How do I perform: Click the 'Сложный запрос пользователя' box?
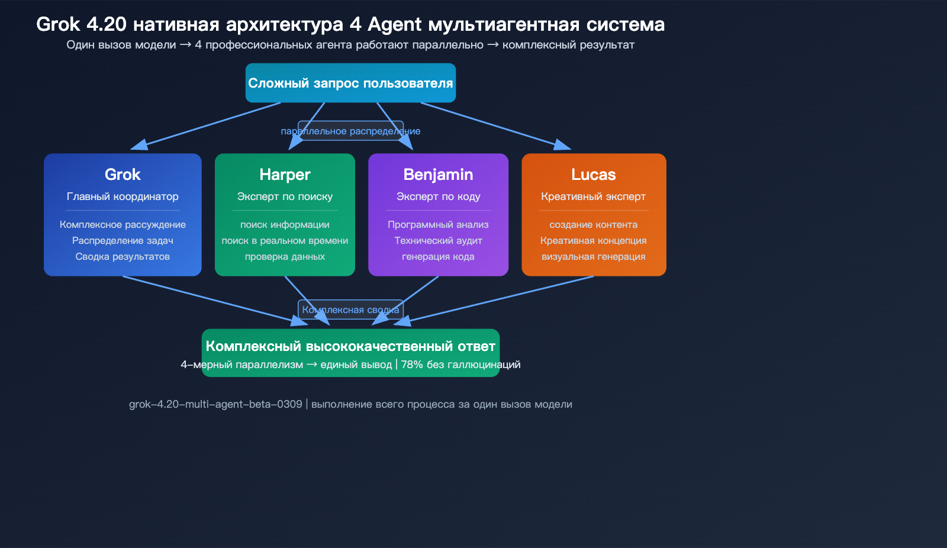point(350,83)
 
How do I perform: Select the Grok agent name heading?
point(123,175)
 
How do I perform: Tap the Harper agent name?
point(285,175)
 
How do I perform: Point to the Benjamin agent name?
point(438,175)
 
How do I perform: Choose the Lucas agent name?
point(594,175)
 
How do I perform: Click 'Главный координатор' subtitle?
point(123,196)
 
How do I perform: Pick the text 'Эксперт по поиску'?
point(285,196)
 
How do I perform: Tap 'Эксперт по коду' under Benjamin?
point(438,196)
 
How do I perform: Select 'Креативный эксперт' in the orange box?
point(593,196)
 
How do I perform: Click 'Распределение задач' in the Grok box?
point(123,241)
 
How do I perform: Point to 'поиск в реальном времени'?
point(285,241)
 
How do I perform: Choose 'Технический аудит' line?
point(438,241)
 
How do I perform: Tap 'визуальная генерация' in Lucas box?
point(593,257)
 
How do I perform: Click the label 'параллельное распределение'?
point(350,131)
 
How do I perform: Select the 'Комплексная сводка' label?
point(350,310)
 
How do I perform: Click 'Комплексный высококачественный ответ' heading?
point(350,346)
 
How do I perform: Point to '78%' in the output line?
point(412,365)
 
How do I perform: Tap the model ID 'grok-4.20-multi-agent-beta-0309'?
point(215,404)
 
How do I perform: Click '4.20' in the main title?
point(107,24)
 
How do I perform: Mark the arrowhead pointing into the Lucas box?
point(563,146)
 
